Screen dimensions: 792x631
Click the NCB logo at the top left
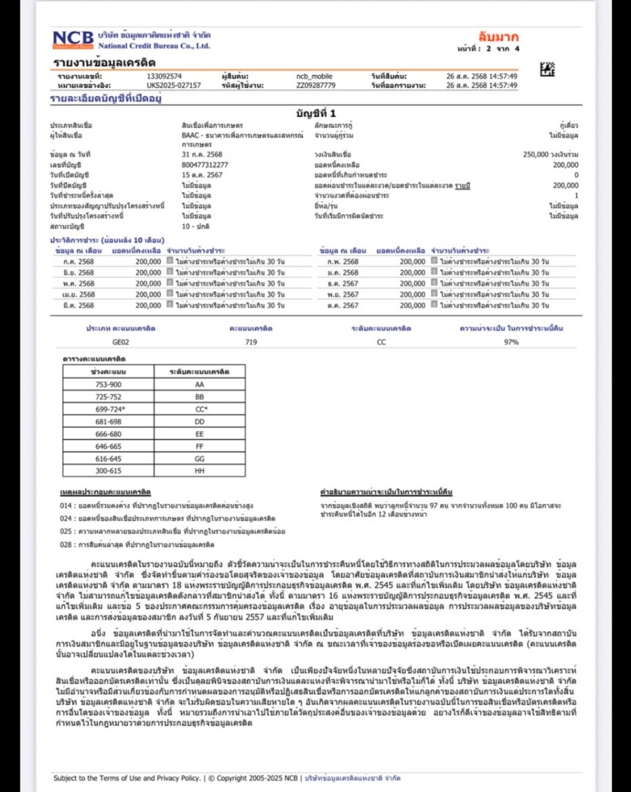coord(73,40)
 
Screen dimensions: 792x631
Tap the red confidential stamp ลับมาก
coord(498,37)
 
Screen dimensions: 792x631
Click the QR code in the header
coord(547,69)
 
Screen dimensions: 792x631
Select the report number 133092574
coord(164,76)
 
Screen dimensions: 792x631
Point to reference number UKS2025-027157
coord(174,85)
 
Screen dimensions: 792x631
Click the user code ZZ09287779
coord(315,85)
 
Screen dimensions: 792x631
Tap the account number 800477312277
coord(205,165)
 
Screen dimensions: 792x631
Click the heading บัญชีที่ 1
coord(315,113)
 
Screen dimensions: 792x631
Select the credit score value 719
coord(251,342)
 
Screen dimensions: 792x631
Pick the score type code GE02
coord(121,342)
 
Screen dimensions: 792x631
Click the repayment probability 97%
coord(511,342)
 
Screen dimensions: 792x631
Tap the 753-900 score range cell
coord(108,384)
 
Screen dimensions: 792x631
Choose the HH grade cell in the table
coord(199,471)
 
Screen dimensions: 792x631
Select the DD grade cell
coord(199,421)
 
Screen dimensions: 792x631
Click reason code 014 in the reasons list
coord(66,506)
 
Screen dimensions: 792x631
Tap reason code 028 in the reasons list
coord(66,545)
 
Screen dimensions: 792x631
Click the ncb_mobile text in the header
coord(314,76)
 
